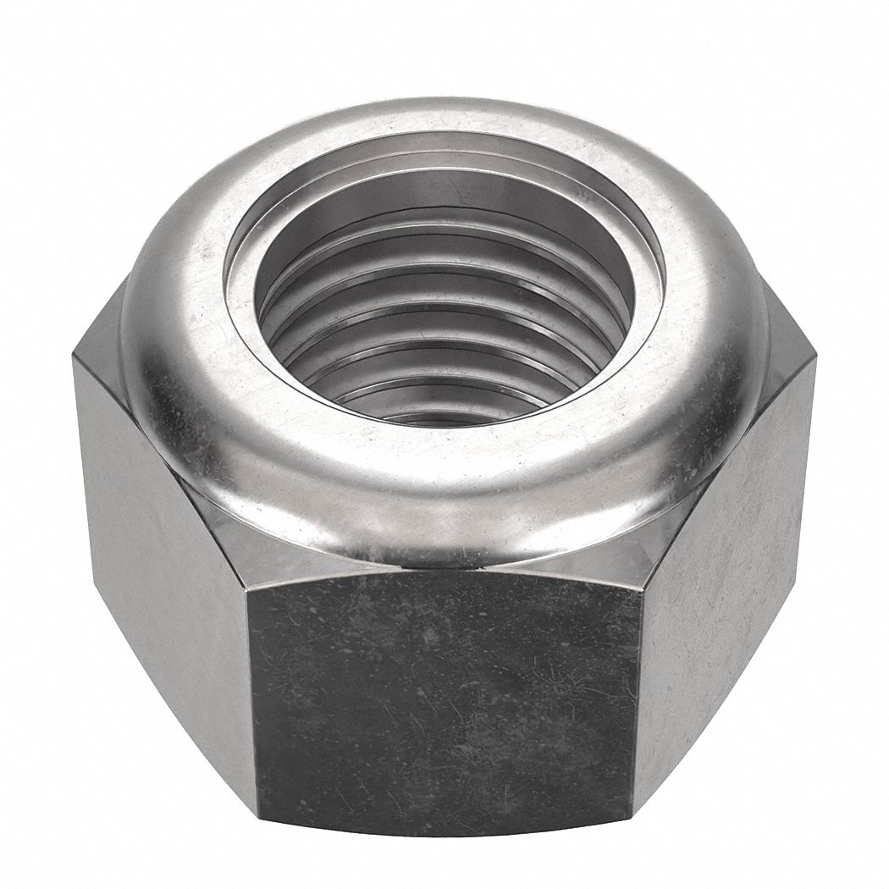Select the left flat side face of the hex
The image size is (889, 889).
[x=161, y=550]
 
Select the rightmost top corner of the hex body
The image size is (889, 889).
[x=815, y=360]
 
